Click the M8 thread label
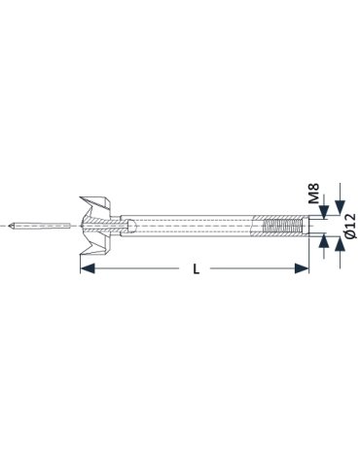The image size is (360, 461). click(314, 194)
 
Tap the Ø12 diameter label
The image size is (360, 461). click(350, 226)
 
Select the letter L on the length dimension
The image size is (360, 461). click(196, 268)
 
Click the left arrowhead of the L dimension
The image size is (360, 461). click(88, 268)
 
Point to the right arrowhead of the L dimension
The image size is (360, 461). click(302, 268)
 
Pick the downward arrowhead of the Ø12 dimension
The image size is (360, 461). click(340, 207)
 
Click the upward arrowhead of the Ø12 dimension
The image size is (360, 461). click(340, 244)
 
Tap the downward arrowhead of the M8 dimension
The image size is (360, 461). click(324, 212)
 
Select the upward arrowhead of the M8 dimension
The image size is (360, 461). click(324, 240)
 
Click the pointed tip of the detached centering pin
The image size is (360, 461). click(10, 226)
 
